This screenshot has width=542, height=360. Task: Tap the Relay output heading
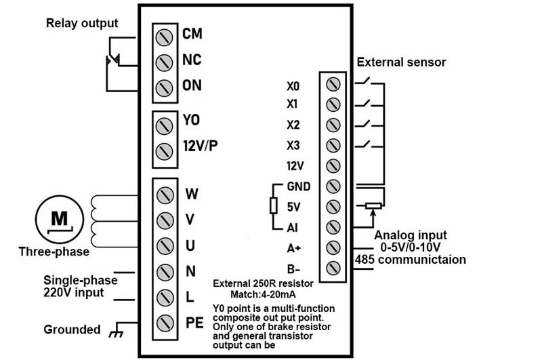[x=81, y=24]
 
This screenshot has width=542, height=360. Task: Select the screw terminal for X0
[x=333, y=85]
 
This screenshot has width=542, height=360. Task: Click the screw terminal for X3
[x=333, y=145]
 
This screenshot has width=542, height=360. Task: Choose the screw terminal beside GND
[x=333, y=186]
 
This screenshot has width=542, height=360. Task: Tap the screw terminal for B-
[x=333, y=266]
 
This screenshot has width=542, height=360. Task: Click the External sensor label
[x=401, y=62]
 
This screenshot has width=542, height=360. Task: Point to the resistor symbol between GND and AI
[x=274, y=205]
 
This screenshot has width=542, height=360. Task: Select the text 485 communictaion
[x=410, y=260]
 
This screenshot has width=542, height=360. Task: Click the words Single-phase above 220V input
[x=81, y=280]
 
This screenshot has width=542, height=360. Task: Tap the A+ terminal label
[x=293, y=248]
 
